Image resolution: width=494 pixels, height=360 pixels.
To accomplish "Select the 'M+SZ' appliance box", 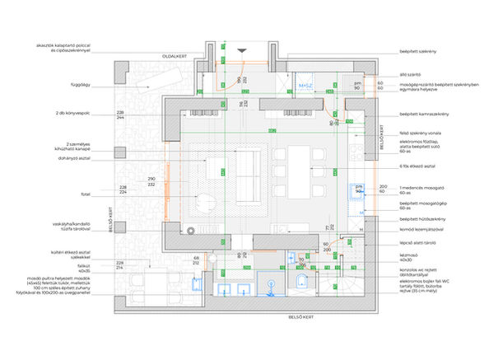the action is tap(303, 86).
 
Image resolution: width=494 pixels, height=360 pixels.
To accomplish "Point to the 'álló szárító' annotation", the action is tap(410, 74).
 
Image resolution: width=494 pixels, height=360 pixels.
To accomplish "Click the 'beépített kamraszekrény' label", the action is tap(423, 113).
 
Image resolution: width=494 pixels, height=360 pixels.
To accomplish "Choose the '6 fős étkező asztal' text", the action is tap(419, 166).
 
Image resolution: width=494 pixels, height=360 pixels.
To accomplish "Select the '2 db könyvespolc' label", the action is tap(72, 111).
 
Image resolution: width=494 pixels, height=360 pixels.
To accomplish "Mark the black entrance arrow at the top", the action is tap(241, 50).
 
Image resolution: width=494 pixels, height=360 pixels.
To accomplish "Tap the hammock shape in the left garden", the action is tap(140, 82).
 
